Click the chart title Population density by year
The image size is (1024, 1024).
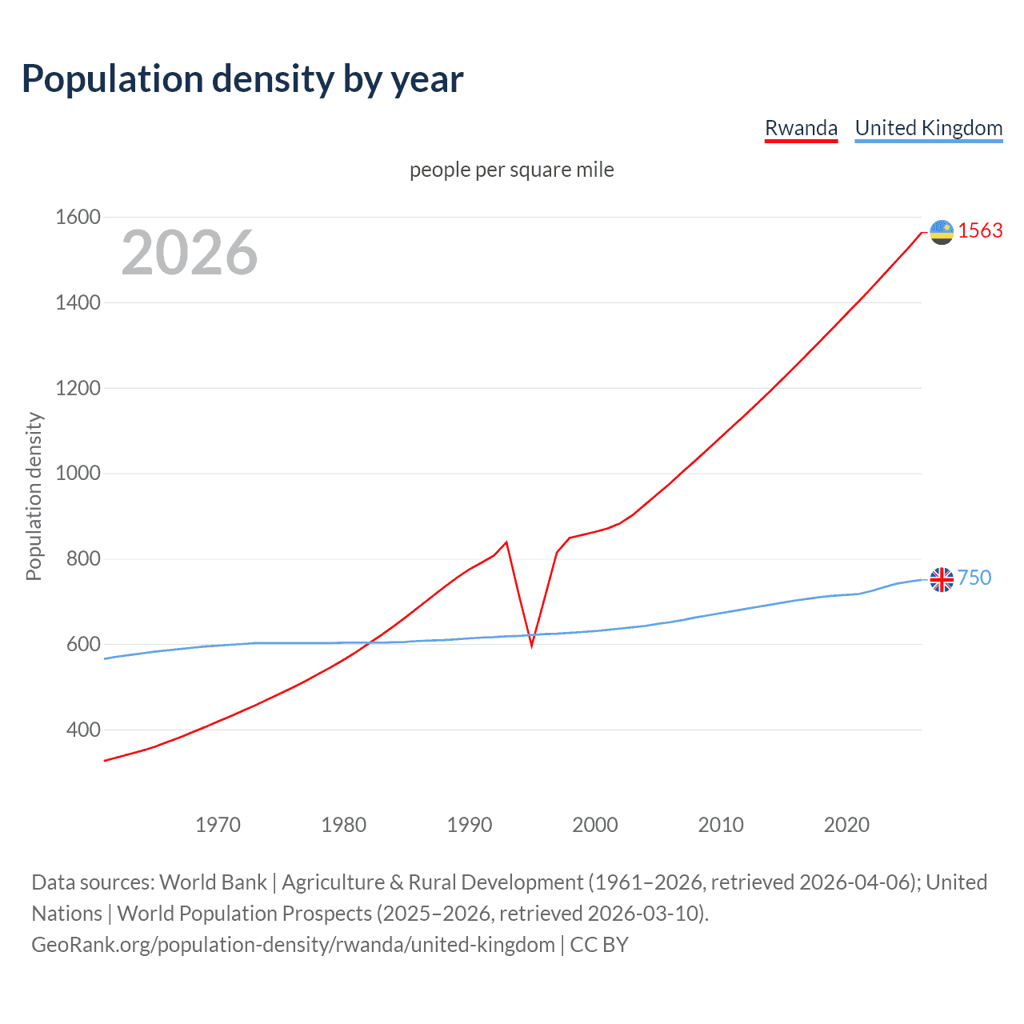point(242,79)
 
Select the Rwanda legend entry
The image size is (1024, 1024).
point(801,128)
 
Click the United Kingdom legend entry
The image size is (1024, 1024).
point(928,128)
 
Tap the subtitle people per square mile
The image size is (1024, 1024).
point(511,170)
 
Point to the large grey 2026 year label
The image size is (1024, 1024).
point(190,253)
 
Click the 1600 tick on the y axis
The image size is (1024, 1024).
point(78,217)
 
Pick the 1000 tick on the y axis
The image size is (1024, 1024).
point(78,473)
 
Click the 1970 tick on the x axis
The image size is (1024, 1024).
point(218,825)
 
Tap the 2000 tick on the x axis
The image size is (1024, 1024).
point(595,825)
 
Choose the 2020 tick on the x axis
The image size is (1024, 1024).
point(846,825)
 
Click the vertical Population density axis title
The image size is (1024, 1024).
point(34,496)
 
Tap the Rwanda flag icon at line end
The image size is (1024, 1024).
point(942,232)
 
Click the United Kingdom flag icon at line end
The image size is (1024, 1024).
point(942,579)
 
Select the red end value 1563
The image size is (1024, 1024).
point(980,230)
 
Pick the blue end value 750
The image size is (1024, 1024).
point(974,578)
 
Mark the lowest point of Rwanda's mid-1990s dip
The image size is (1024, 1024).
point(531,645)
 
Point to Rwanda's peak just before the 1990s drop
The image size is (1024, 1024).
point(506,542)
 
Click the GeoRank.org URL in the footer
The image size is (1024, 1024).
point(293,945)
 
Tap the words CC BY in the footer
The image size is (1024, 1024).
point(599,945)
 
